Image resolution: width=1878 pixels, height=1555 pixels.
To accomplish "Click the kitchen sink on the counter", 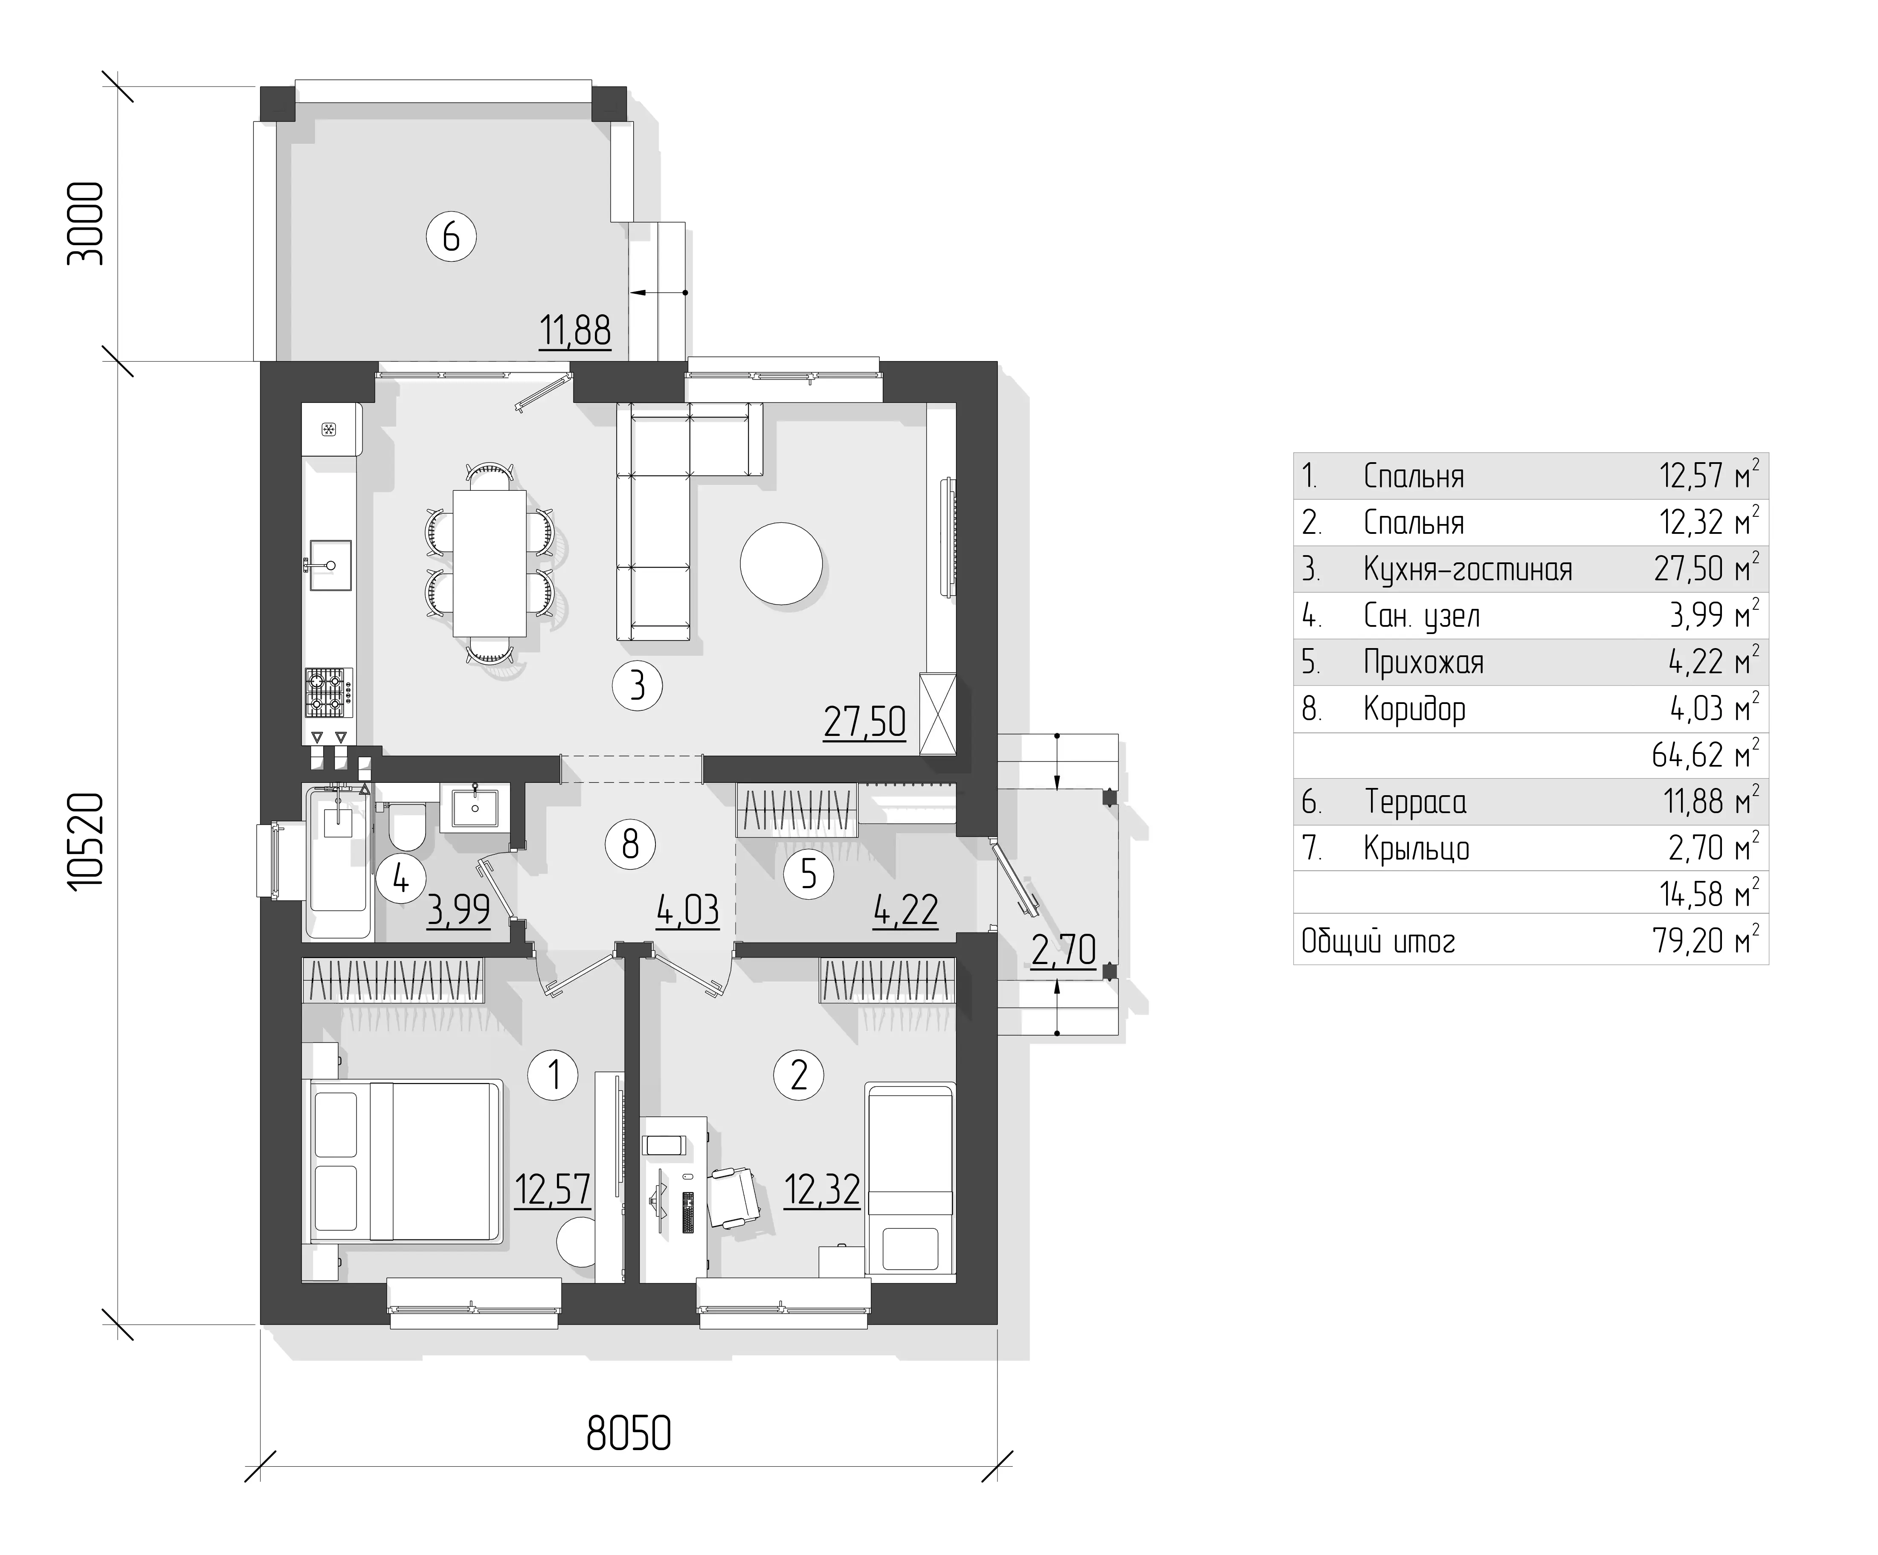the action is click(x=330, y=565).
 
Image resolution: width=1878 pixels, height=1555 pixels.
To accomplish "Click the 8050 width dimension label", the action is click(x=629, y=1433).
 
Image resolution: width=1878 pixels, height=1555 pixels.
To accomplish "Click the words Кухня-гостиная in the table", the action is click(x=1467, y=570).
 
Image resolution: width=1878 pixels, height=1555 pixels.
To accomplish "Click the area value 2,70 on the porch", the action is click(x=1064, y=950).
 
